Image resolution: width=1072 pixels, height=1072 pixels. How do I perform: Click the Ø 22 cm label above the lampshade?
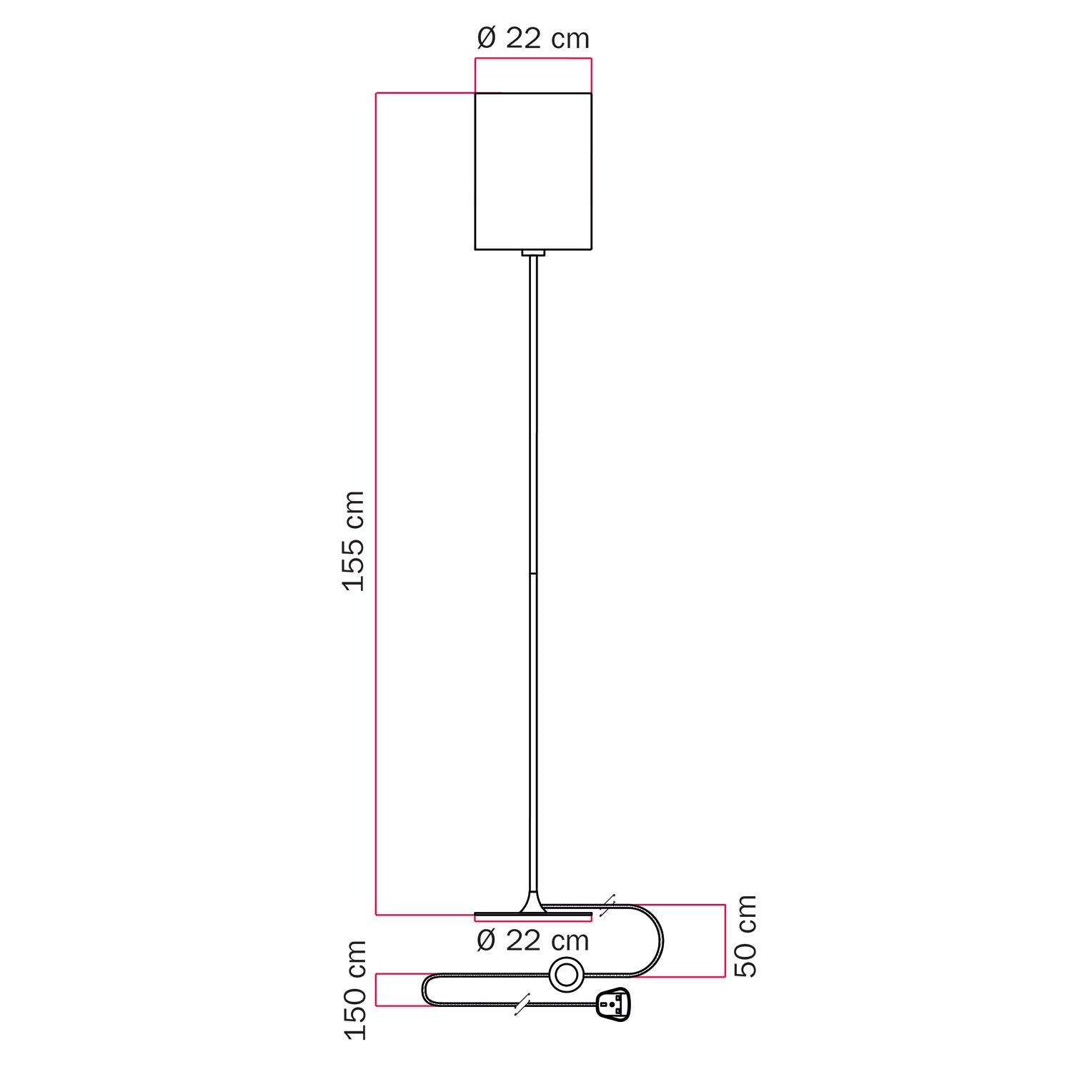pyautogui.click(x=533, y=39)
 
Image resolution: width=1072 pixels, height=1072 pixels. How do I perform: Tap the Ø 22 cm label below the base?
pyautogui.click(x=533, y=941)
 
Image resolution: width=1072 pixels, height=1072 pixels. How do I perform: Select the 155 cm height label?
pyautogui.click(x=354, y=541)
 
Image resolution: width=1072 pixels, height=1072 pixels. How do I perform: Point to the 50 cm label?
pyautogui.click(x=746, y=935)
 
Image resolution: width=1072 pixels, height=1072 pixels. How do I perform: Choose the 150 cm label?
pyautogui.click(x=355, y=990)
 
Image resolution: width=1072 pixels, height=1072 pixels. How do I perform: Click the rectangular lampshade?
pyautogui.click(x=533, y=172)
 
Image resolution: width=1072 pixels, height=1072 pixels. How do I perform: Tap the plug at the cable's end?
pyautogui.click(x=612, y=1003)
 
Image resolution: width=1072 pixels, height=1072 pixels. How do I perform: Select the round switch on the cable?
pyautogui.click(x=566, y=975)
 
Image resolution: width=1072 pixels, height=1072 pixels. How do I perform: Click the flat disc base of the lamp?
pyautogui.click(x=533, y=915)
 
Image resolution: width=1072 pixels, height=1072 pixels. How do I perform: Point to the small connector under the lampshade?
pyautogui.click(x=533, y=253)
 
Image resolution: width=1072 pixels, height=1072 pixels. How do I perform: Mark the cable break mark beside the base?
pyautogui.click(x=607, y=905)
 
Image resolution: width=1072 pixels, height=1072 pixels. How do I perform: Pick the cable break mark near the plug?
pyautogui.click(x=522, y=1004)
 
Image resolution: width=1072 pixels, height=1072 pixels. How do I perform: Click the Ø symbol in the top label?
pyautogui.click(x=487, y=39)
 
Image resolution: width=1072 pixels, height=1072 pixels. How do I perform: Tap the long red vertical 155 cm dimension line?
pyautogui.click(x=377, y=500)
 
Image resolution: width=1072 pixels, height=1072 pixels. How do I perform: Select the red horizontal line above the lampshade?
pyautogui.click(x=533, y=59)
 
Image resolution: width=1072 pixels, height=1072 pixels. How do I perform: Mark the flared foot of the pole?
pyautogui.click(x=533, y=902)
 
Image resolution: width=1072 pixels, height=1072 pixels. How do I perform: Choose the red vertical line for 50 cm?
pyautogui.click(x=725, y=941)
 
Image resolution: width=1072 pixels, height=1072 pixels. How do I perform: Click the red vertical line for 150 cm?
pyautogui.click(x=377, y=990)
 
